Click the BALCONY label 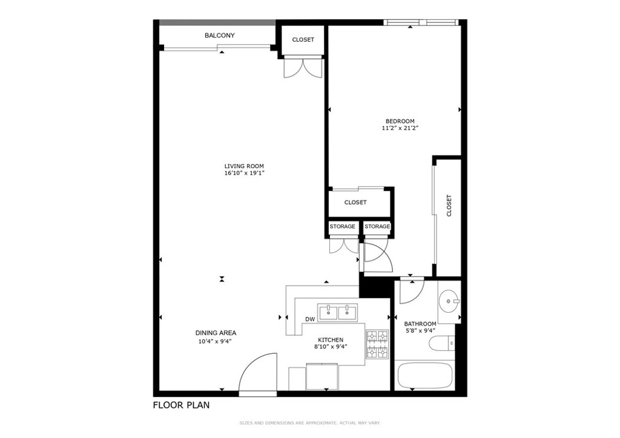[x=219, y=36]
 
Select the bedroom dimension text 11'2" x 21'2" [x=400, y=128]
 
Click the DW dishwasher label [x=310, y=319]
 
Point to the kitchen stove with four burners [x=376, y=344]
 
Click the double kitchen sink [x=338, y=312]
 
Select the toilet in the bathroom [x=441, y=344]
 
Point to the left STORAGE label [x=342, y=227]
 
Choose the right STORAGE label [x=377, y=227]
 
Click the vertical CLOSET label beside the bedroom [x=449, y=206]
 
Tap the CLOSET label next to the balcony [x=303, y=40]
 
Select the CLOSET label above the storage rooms [x=355, y=203]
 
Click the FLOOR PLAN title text [x=181, y=405]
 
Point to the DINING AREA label [x=216, y=333]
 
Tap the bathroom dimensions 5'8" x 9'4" [x=420, y=331]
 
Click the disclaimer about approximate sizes [x=309, y=423]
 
